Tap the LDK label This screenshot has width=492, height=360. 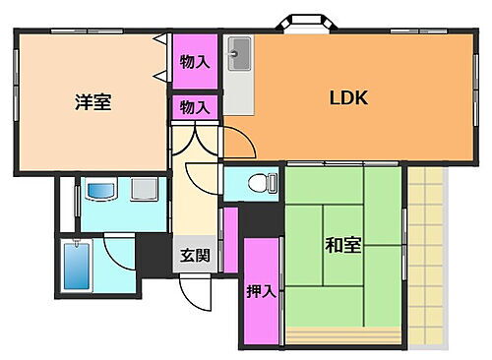click(348, 97)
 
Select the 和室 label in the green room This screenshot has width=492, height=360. click(342, 245)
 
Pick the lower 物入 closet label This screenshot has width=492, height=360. click(195, 107)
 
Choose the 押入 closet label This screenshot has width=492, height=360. click(259, 291)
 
